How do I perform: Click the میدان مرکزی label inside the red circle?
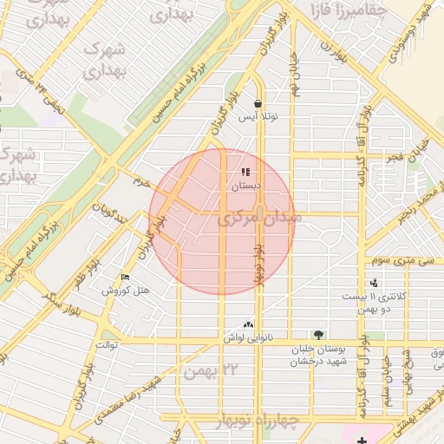[260, 219]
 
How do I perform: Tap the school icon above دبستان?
[245, 172]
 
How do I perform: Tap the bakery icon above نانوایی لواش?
[250, 324]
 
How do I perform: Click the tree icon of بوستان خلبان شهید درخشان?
[318, 335]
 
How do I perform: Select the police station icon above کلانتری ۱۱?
[374, 283]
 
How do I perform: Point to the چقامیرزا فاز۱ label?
[337, 11]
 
